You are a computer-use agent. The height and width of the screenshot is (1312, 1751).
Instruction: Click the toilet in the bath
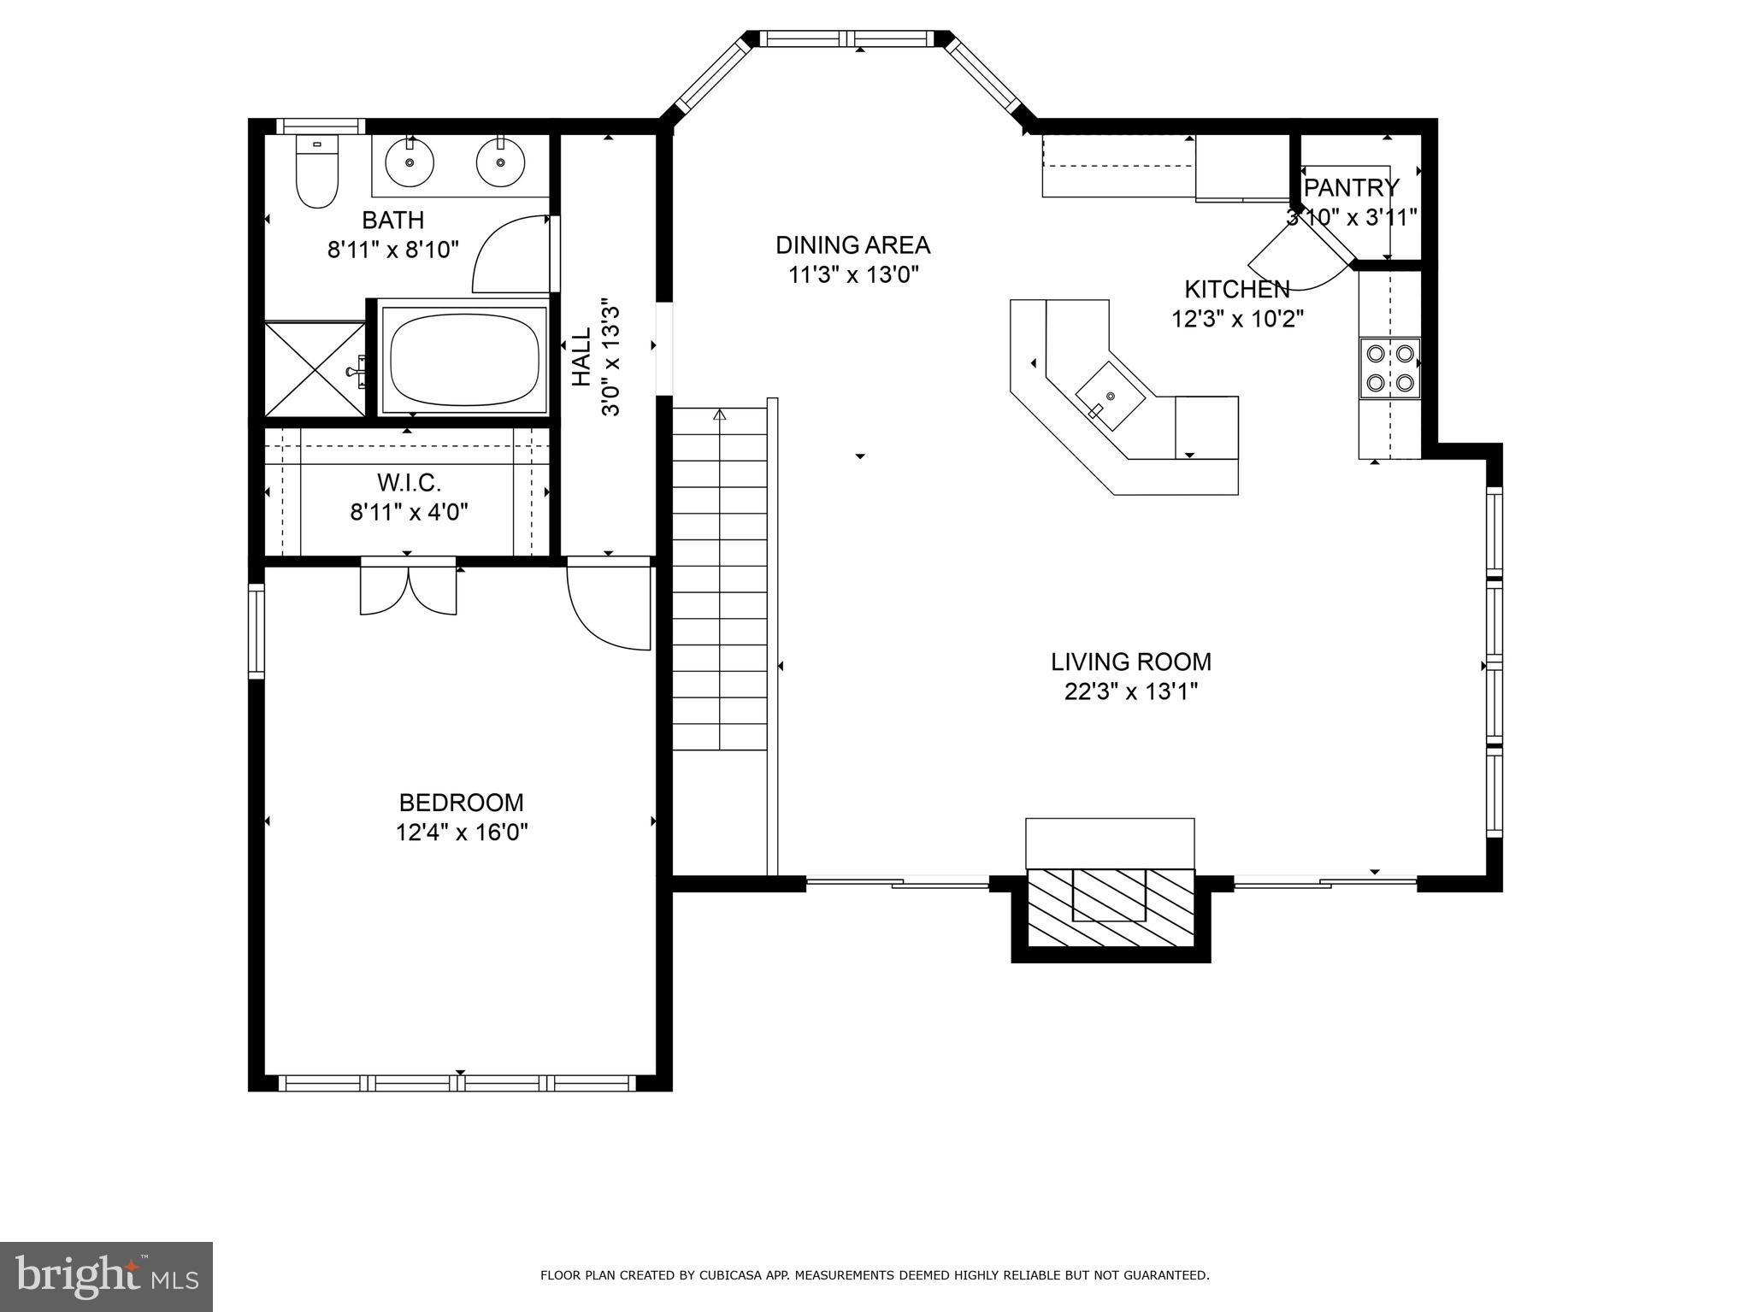tap(316, 171)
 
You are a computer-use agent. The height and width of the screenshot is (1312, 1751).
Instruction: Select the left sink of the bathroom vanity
tap(410, 162)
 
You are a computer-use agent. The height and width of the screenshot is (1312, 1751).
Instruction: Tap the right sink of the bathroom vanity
tap(500, 162)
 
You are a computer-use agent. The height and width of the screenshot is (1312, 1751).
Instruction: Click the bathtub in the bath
tap(464, 357)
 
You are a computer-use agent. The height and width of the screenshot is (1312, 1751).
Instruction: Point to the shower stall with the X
tap(315, 369)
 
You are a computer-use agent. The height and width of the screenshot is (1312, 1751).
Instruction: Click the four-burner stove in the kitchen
tap(1390, 368)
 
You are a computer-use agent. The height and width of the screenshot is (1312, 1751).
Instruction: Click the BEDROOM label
tap(462, 803)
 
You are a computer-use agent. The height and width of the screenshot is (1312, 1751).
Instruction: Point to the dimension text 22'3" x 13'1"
tap(1130, 691)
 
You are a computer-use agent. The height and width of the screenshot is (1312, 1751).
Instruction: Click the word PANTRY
tap(1352, 187)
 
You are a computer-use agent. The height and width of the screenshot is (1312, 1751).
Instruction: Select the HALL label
tap(581, 357)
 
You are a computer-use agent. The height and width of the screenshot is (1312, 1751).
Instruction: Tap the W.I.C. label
tap(410, 483)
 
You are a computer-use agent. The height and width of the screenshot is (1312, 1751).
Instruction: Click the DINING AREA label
tap(852, 245)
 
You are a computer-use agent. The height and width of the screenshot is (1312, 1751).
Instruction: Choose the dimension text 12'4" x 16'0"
tap(462, 833)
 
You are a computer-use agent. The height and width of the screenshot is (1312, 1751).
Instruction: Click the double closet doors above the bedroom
tap(409, 587)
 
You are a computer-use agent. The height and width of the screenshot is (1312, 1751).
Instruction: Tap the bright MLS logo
tap(106, 1277)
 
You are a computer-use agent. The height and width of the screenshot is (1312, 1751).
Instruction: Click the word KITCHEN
tap(1236, 289)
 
